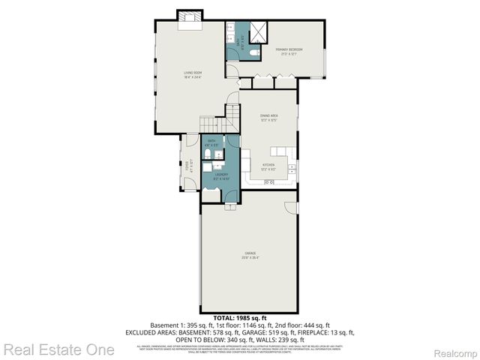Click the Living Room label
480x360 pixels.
[x=193, y=74]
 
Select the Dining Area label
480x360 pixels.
[x=269, y=117]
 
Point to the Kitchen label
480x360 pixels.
[x=268, y=166]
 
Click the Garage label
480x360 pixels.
[x=250, y=256]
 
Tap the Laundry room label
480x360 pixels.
[x=220, y=176]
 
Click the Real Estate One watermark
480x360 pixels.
[x=58, y=349]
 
